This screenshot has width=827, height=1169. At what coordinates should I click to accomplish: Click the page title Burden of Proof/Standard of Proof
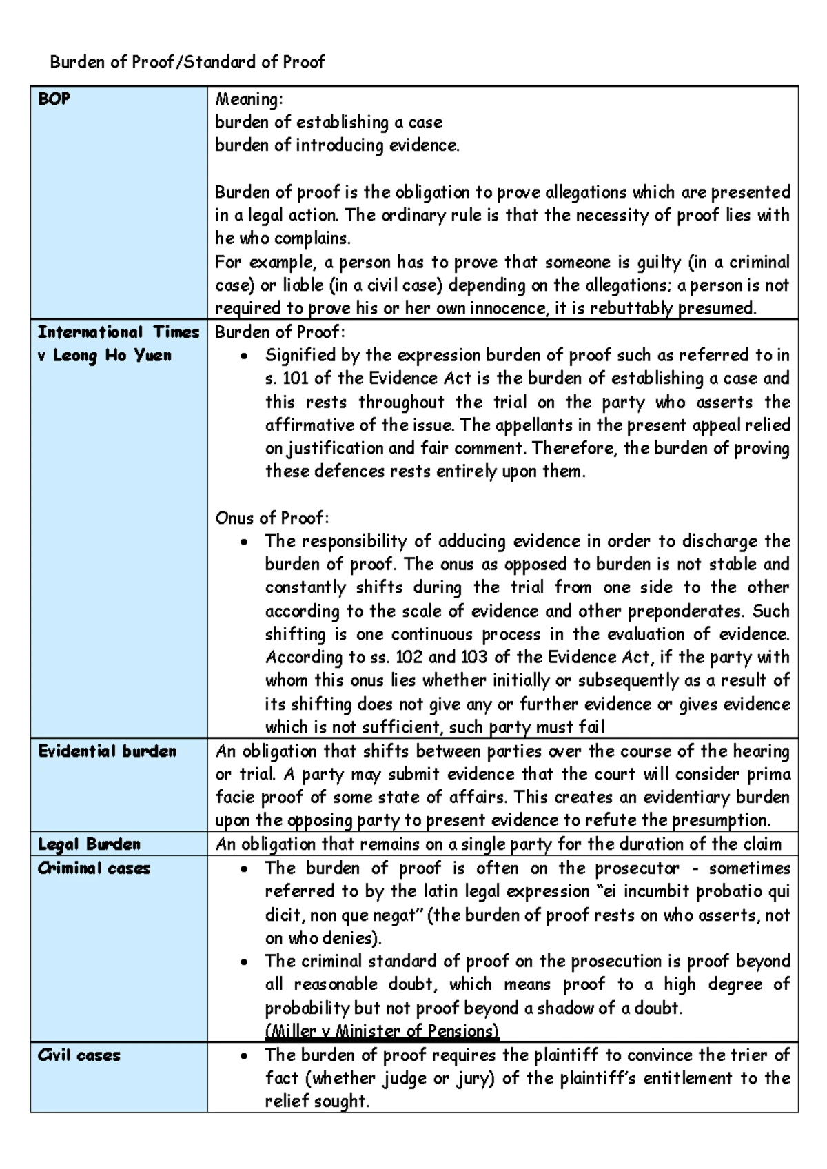point(187,62)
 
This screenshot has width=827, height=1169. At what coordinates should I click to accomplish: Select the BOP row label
point(54,99)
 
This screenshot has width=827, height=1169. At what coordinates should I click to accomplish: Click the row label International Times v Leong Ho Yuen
point(118,343)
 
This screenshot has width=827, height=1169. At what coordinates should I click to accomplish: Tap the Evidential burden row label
point(107,751)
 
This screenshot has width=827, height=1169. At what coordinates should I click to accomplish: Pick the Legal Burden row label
point(89,844)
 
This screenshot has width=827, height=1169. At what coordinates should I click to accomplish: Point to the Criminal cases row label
point(94,868)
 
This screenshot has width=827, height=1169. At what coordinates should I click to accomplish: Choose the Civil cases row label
point(79,1055)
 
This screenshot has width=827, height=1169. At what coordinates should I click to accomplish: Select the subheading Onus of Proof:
point(272,518)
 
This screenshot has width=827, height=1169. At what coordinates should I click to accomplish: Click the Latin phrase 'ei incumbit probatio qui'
point(696,891)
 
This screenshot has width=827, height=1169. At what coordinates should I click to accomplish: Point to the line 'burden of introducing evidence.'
point(336,145)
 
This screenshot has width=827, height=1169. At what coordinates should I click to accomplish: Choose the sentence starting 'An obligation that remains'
point(498,844)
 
